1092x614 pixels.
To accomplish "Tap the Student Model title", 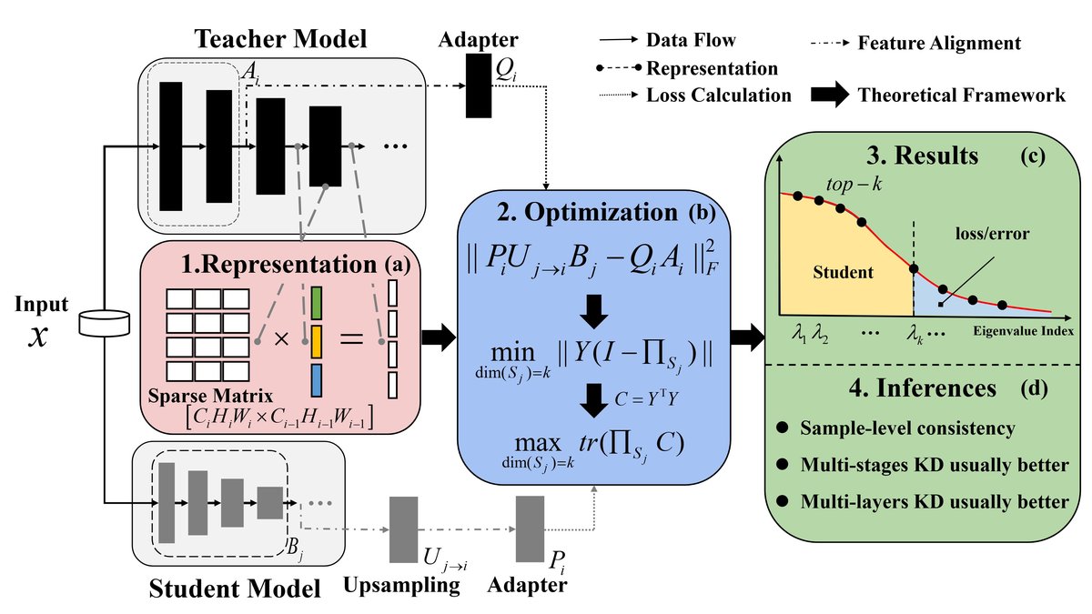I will coord(236,587).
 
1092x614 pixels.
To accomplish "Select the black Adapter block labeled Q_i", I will coord(478,85).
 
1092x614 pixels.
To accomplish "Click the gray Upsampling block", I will coord(403,529).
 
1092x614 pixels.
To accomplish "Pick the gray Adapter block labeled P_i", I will coord(530,529).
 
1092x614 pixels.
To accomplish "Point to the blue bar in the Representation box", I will coord(317,380).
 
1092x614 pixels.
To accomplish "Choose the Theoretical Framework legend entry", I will coord(961,95).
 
